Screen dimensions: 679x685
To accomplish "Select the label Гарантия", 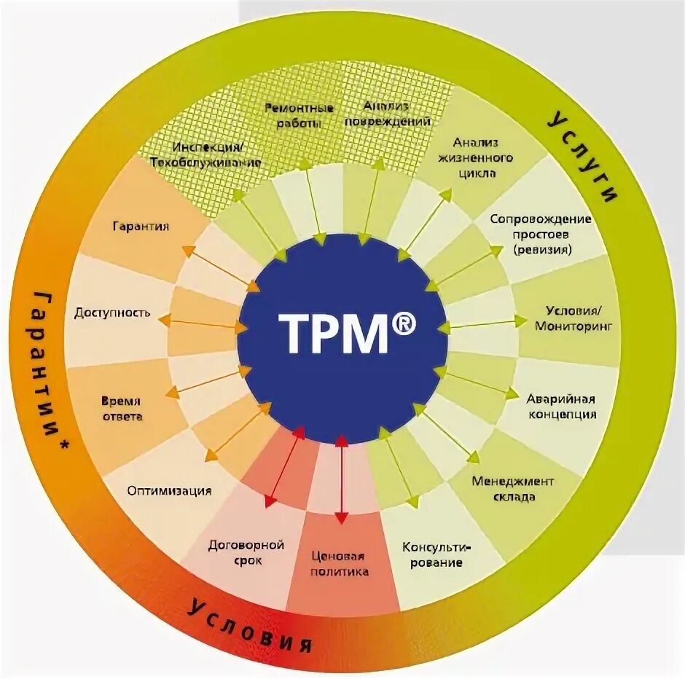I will pos(141,227).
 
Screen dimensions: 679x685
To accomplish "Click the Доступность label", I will pos(112,313).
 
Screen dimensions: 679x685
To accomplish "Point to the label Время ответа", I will pos(122,409).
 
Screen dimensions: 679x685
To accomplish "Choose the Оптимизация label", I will pos(169,490).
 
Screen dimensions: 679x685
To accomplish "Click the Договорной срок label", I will pos(246,553).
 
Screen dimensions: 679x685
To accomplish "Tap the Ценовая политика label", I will pos(340,564).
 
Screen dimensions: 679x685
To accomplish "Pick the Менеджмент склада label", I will pos(513,489).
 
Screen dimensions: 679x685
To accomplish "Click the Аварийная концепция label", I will pos(561,407).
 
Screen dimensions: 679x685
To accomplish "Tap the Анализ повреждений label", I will pos(387,113).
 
